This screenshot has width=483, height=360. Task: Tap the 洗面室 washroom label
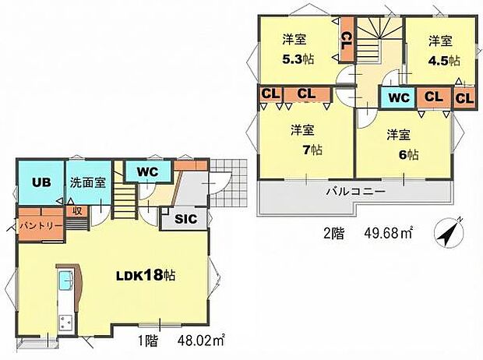pyautogui.click(x=83, y=183)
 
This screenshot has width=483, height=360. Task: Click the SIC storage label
pyautogui.click(x=184, y=220)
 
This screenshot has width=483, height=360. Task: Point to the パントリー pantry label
pyautogui.click(x=35, y=226)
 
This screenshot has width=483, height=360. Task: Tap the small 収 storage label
pyautogui.click(x=76, y=210)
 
